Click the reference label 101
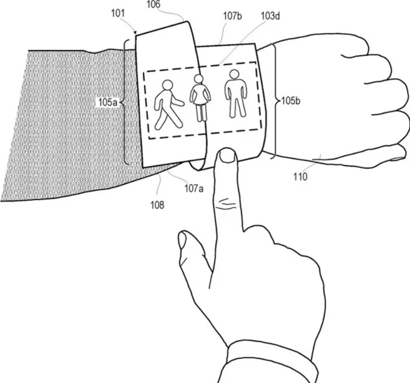(118, 14)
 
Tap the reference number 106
(154, 4)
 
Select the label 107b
(232, 16)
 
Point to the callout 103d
(270, 16)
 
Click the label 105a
(108, 102)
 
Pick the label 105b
(291, 101)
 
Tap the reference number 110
(300, 177)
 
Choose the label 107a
(194, 188)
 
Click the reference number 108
(157, 205)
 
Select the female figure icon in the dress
(200, 98)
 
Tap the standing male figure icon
(236, 93)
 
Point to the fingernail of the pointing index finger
(227, 156)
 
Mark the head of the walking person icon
(168, 85)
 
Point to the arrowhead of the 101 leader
(135, 33)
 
